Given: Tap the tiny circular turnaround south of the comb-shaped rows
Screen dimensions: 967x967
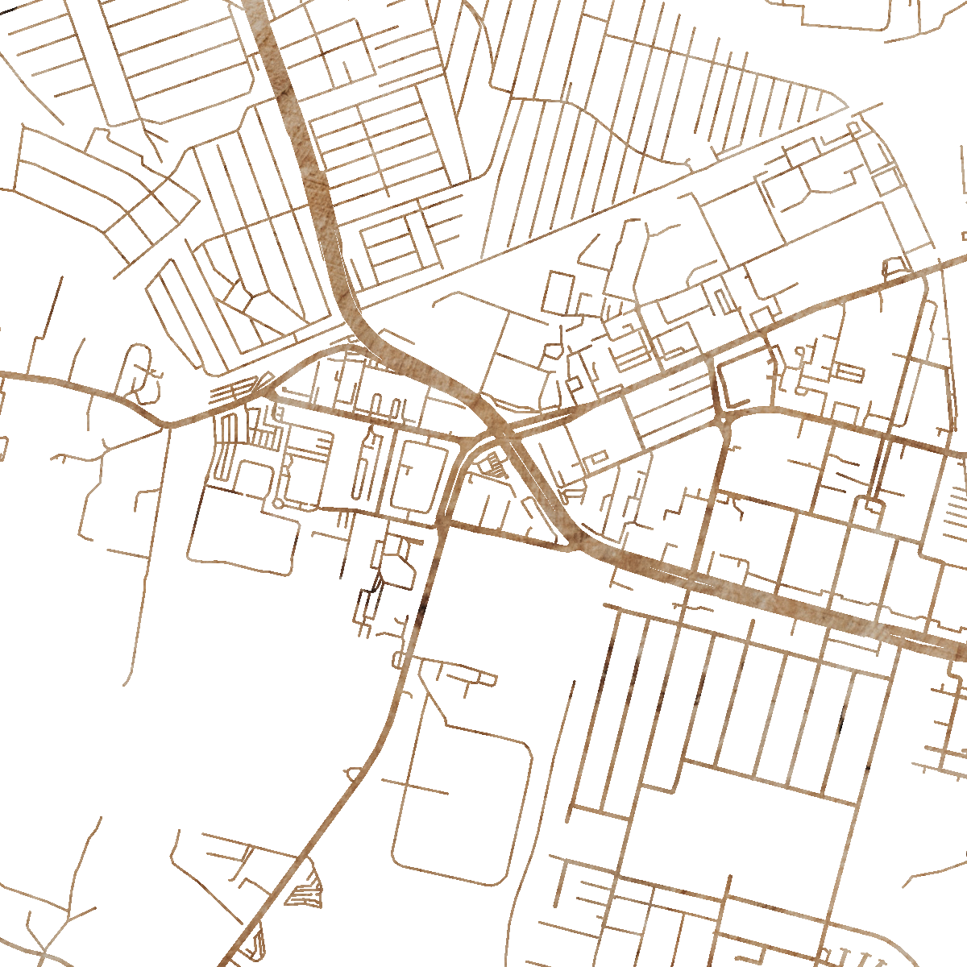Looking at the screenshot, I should (278, 504).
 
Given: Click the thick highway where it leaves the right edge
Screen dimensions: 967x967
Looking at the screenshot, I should (961, 651).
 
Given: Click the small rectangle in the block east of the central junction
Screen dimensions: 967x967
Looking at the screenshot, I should (597, 457).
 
